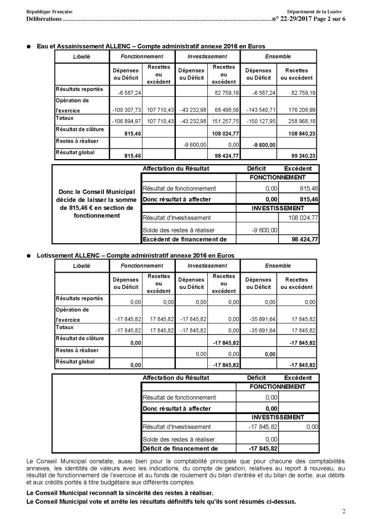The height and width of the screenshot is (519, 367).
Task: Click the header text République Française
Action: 49,11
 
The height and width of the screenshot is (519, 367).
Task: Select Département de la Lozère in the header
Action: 314,11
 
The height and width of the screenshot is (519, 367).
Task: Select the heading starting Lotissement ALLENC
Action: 135,256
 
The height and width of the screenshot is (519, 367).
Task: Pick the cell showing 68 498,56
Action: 224,110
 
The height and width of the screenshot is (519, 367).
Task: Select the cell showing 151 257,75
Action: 224,122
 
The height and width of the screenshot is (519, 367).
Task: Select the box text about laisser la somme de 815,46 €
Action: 96,203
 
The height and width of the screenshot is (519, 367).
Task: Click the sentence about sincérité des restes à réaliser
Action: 118,493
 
